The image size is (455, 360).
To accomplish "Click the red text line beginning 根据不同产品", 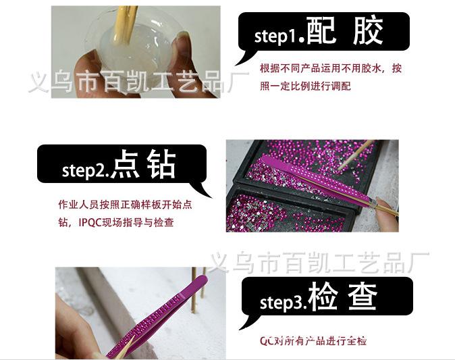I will (330, 68).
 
